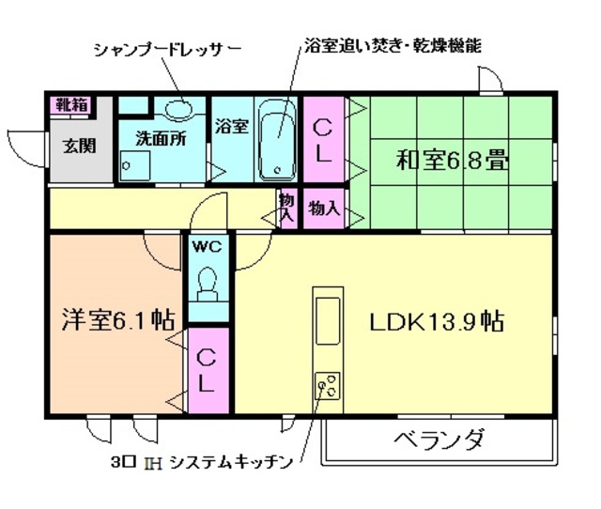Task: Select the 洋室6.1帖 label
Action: click(x=117, y=317)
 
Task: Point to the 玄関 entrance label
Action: click(x=78, y=147)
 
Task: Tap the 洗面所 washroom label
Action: click(x=160, y=135)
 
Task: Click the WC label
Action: click(x=207, y=248)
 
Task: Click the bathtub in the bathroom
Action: click(x=278, y=142)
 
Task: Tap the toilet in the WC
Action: click(x=208, y=279)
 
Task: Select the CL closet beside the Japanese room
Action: click(x=322, y=142)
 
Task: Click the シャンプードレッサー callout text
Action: click(x=168, y=47)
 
